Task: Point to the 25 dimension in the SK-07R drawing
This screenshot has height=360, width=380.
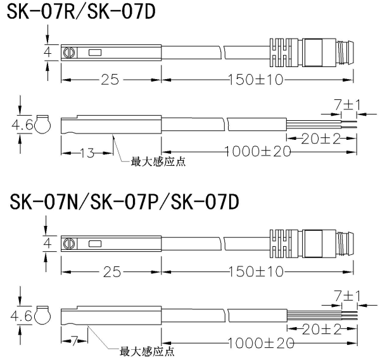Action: point(111,80)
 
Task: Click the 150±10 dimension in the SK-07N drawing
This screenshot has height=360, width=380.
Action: point(256,271)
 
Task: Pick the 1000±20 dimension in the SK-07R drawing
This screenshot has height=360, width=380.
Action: point(254,151)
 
